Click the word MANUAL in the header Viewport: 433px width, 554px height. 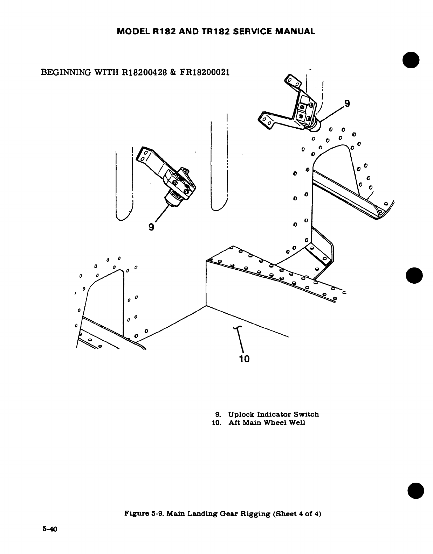tap(296, 31)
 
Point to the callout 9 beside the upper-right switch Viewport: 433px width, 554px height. tap(347, 103)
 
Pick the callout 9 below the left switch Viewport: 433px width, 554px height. tap(151, 227)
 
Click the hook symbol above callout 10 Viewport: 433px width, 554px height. tap(237, 327)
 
